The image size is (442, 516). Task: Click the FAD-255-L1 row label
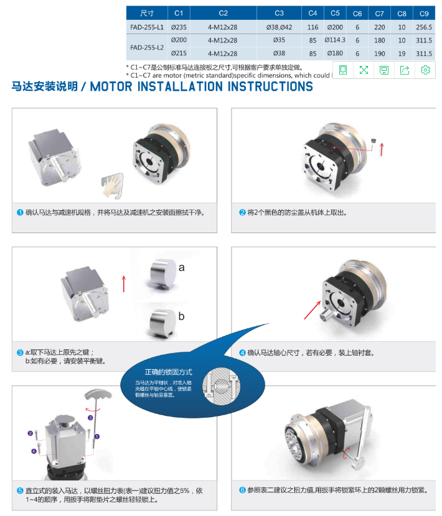pyautogui.click(x=148, y=27)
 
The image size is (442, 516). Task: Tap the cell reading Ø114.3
pyautogui.click(x=335, y=40)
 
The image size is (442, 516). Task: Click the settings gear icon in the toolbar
pyautogui.click(x=425, y=70)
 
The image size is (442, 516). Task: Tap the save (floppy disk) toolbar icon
pyautogui.click(x=384, y=70)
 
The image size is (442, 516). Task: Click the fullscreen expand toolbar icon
pyautogui.click(x=364, y=70)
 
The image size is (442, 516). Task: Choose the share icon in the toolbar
pyautogui.click(x=405, y=70)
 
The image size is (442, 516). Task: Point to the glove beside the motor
pyautogui.click(x=112, y=182)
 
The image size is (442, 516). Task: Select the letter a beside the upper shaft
pyautogui.click(x=182, y=268)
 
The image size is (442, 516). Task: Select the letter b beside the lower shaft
pyautogui.click(x=181, y=316)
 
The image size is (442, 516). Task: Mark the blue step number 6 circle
pyautogui.click(x=243, y=490)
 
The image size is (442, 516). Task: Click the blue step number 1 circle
pyautogui.click(x=20, y=212)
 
